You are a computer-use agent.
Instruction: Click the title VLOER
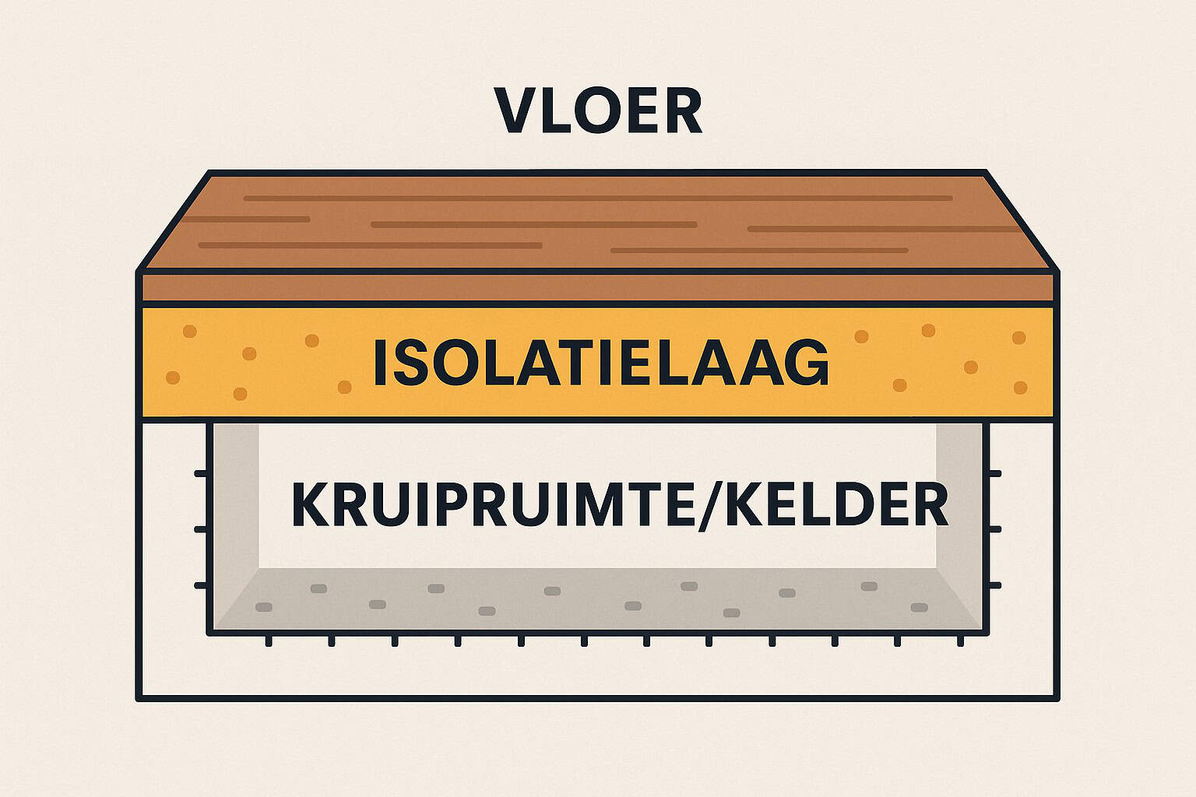tap(598, 110)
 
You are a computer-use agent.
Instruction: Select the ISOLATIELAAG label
tap(601, 362)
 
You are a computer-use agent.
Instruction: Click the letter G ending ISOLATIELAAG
tap(807, 362)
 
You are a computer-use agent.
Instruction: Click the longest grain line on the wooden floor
tap(598, 198)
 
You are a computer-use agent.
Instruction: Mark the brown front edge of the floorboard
tap(597, 288)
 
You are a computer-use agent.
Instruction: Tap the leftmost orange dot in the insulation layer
tap(172, 377)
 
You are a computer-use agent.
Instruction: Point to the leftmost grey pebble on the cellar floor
tap(264, 607)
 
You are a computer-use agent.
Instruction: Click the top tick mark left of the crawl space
tap(201, 473)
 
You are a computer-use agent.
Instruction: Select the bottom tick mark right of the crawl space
tap(994, 585)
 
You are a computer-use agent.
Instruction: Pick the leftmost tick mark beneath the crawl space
tap(269, 641)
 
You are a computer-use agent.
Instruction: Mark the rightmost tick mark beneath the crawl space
tap(961, 641)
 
